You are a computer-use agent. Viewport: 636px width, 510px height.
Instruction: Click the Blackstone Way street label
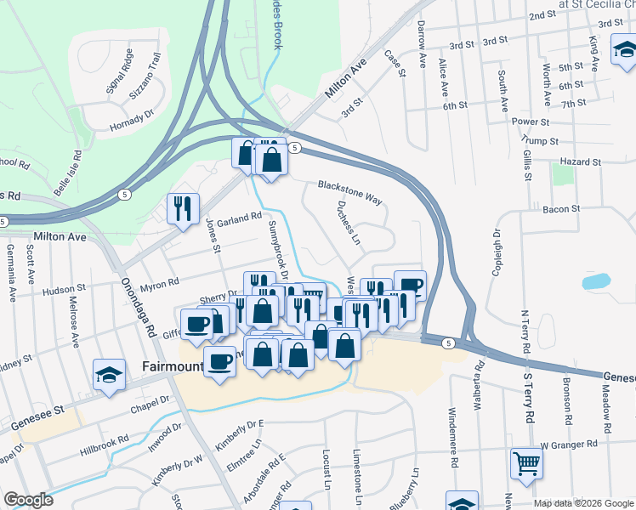pos(349,190)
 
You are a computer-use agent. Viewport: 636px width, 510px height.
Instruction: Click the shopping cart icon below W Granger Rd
pos(526,464)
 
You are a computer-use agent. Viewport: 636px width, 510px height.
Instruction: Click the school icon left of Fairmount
pos(110,376)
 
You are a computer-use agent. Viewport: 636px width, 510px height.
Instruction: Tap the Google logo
pos(28,500)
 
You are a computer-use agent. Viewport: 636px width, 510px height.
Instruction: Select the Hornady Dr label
pos(133,120)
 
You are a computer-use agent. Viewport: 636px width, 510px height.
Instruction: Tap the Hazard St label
pos(582,161)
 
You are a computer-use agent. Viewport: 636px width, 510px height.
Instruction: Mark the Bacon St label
pos(560,208)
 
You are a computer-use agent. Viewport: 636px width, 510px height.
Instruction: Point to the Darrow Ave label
pos(422,51)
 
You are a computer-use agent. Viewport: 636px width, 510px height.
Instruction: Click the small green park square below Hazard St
pos(562,173)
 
